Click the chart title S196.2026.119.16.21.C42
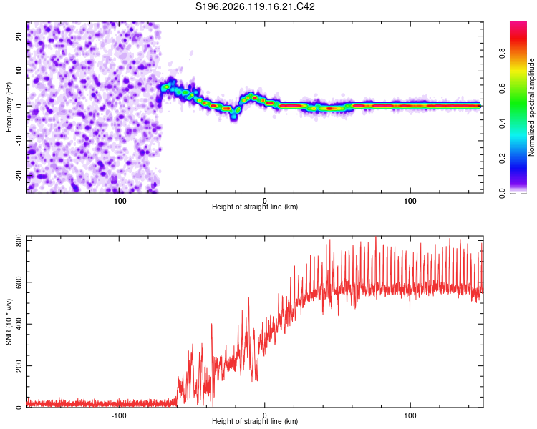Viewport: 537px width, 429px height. (x=255, y=6)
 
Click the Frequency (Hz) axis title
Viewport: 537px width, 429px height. (x=9, y=107)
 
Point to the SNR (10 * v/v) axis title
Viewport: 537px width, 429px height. (x=9, y=322)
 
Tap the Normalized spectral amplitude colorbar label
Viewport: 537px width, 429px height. (x=531, y=107)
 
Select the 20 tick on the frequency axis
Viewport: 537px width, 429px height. (x=19, y=36)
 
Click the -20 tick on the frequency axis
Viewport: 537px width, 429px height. (x=19, y=175)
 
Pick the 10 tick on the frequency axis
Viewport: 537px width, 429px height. (x=19, y=71)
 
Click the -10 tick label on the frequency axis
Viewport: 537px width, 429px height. (x=19, y=141)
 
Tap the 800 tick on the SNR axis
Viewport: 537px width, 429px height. (x=19, y=240)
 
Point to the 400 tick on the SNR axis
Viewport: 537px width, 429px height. (x=19, y=324)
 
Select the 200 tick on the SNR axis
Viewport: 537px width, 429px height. (x=19, y=365)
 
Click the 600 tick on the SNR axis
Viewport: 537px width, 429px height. (x=19, y=282)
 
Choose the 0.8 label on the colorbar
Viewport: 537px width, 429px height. (x=502, y=54)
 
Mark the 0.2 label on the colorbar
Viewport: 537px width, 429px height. (x=502, y=159)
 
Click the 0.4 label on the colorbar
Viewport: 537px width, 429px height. (x=502, y=124)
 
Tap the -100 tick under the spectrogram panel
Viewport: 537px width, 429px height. (x=119, y=201)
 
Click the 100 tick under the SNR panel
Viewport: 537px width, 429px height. (x=410, y=415)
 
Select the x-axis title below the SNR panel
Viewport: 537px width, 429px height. (x=255, y=421)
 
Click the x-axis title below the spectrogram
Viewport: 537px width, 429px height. (x=255, y=207)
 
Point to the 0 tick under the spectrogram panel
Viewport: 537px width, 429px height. (x=264, y=201)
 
